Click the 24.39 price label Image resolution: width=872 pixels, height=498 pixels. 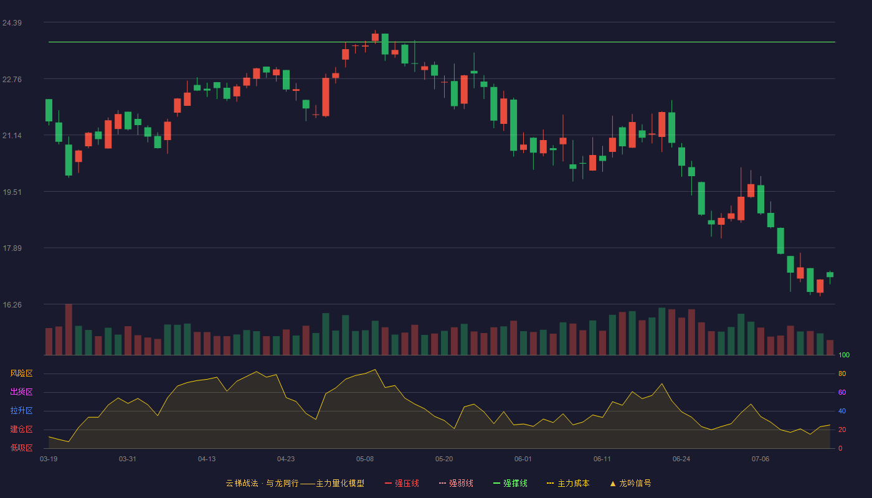12,23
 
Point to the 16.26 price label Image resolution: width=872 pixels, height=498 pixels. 12,304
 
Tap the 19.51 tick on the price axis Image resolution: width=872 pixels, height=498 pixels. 12,192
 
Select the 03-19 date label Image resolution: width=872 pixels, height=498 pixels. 49,459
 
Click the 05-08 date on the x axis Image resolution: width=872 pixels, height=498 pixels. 365,459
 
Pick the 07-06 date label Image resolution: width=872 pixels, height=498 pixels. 761,459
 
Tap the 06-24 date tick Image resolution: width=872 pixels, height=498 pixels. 681,459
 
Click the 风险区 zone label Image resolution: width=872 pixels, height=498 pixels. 21,374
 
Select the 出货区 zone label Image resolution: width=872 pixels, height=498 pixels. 21,392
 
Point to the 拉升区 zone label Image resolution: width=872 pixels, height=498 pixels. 21,410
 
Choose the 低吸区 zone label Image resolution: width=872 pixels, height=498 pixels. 21,448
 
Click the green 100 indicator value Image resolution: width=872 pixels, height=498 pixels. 844,355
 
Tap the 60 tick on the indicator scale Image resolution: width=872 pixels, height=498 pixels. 842,392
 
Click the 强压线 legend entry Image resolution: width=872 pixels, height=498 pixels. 402,483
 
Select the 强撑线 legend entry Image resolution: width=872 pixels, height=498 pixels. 510,483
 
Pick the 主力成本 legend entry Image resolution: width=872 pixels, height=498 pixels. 568,483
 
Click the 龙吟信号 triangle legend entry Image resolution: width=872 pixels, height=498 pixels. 630,483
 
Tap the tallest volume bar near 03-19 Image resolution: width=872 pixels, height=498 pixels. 69,329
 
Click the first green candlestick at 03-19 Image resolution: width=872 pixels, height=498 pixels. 49,111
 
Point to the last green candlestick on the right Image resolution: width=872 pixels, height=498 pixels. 830,275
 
